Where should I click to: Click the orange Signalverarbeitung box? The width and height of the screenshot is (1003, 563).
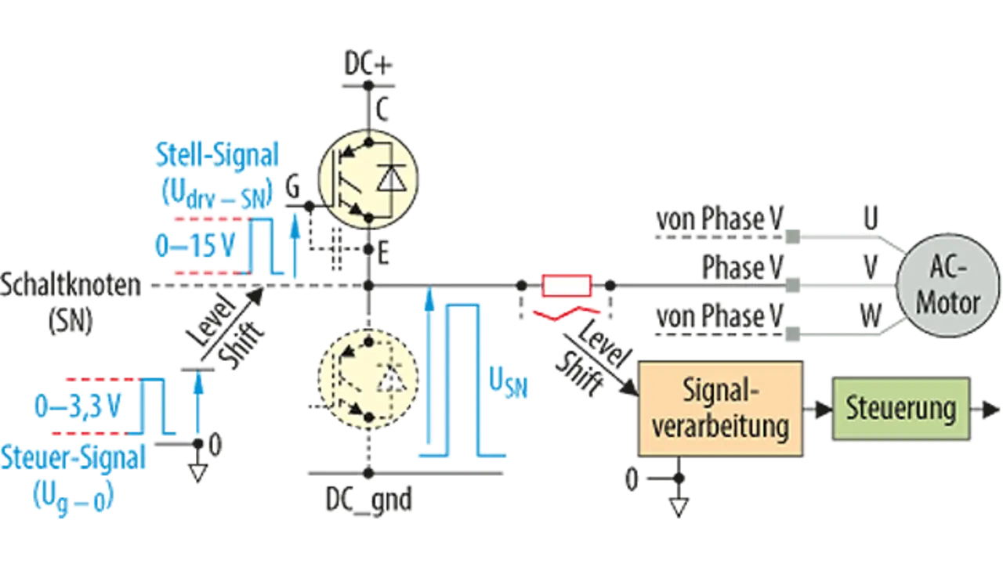tap(721, 408)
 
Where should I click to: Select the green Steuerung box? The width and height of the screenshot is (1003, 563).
tap(900, 408)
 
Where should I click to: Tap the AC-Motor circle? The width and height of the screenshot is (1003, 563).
tap(948, 291)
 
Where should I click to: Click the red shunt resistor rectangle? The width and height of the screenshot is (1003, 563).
tap(567, 286)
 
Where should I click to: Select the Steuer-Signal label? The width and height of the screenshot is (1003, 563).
tap(74, 459)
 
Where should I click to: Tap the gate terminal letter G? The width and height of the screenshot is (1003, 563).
tap(292, 188)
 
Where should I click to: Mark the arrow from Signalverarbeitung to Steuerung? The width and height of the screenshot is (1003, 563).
tap(818, 409)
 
